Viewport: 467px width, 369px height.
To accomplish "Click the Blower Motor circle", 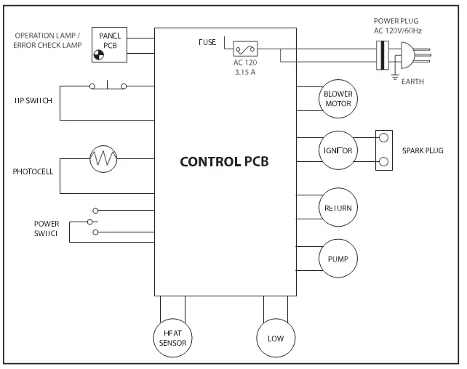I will tap(338, 99).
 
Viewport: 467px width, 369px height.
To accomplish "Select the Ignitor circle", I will tap(338, 151).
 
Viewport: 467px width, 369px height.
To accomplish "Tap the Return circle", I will tap(338, 208).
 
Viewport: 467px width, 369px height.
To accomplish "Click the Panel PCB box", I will tap(109, 43).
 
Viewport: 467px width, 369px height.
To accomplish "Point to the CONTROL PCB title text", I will tap(224, 161).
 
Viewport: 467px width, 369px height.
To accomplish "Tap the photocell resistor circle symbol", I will tap(103, 158).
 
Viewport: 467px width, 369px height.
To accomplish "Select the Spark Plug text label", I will tap(423, 151).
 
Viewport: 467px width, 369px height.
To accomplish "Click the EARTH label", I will tap(413, 82).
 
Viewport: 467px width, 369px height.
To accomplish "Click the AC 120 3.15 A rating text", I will tap(247, 68).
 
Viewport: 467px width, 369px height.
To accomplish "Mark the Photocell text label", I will tap(31, 172).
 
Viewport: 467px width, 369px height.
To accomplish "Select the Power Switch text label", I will tap(46, 228).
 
